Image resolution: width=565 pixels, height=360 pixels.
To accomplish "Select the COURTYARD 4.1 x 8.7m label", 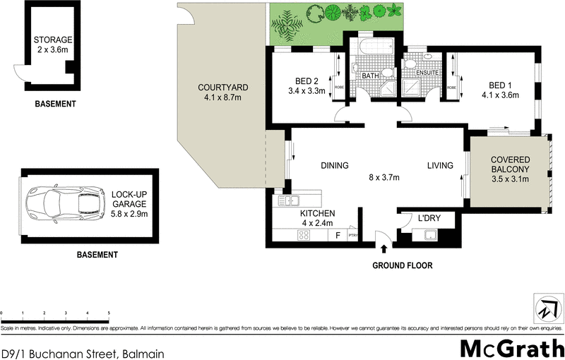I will (x=222, y=92).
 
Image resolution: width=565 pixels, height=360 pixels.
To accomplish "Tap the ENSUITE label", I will (x=428, y=73).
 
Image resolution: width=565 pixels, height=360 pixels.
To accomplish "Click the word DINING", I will (x=335, y=166).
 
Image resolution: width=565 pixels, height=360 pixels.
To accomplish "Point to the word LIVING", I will (x=439, y=166).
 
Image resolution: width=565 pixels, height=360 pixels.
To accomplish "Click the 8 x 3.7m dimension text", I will (x=384, y=177).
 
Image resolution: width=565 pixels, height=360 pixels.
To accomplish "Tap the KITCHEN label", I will (x=318, y=213).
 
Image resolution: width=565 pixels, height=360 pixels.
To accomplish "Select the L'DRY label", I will (x=429, y=218).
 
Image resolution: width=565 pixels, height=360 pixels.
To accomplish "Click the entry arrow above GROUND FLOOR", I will (x=383, y=248).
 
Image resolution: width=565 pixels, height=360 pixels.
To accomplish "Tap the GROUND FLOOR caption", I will (x=403, y=266).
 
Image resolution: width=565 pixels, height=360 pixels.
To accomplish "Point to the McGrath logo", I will (x=511, y=349).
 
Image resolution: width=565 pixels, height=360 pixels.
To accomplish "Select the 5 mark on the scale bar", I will (x=109, y=312).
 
